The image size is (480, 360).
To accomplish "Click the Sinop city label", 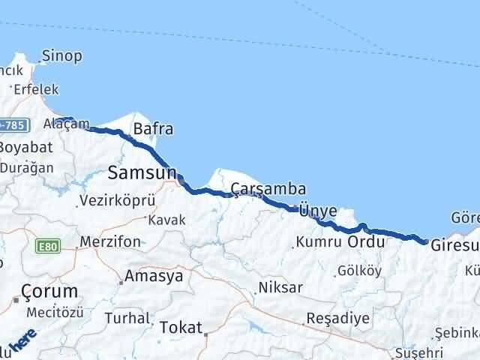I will [x=61, y=55].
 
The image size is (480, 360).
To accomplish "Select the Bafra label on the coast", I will [x=153, y=128].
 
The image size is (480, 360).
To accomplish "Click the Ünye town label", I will [x=317, y=211].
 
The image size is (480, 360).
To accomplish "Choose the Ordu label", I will [x=366, y=242].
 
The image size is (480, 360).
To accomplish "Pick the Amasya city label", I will [x=154, y=275].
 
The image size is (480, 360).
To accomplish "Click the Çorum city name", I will [x=49, y=291].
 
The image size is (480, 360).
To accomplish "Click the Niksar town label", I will [x=280, y=287].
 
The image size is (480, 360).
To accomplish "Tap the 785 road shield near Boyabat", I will [x=13, y=125].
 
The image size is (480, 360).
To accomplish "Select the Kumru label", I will [x=318, y=243].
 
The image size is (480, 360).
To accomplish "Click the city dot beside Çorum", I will [x=16, y=300].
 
